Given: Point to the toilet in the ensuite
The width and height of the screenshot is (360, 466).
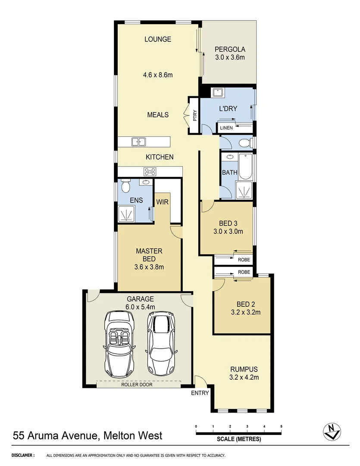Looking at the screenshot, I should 125,186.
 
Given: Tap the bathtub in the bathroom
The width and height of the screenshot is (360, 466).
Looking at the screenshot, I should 245,167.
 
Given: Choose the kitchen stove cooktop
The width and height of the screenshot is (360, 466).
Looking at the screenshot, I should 150,172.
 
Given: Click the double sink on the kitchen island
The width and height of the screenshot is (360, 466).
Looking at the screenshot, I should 139,142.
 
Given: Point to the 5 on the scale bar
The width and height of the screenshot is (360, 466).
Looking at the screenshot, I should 281,426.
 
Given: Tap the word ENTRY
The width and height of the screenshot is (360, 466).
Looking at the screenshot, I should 200,393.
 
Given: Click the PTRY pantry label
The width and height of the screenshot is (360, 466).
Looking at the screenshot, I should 195,116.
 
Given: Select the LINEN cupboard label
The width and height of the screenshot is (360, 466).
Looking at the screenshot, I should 226,128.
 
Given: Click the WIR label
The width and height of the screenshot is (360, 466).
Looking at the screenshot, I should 162,202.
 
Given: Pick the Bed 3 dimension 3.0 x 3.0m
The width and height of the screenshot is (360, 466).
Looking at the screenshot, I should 228,231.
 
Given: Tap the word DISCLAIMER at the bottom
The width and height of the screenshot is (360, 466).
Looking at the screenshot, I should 23,455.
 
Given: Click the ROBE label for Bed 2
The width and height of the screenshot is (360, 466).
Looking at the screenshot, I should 244,273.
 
